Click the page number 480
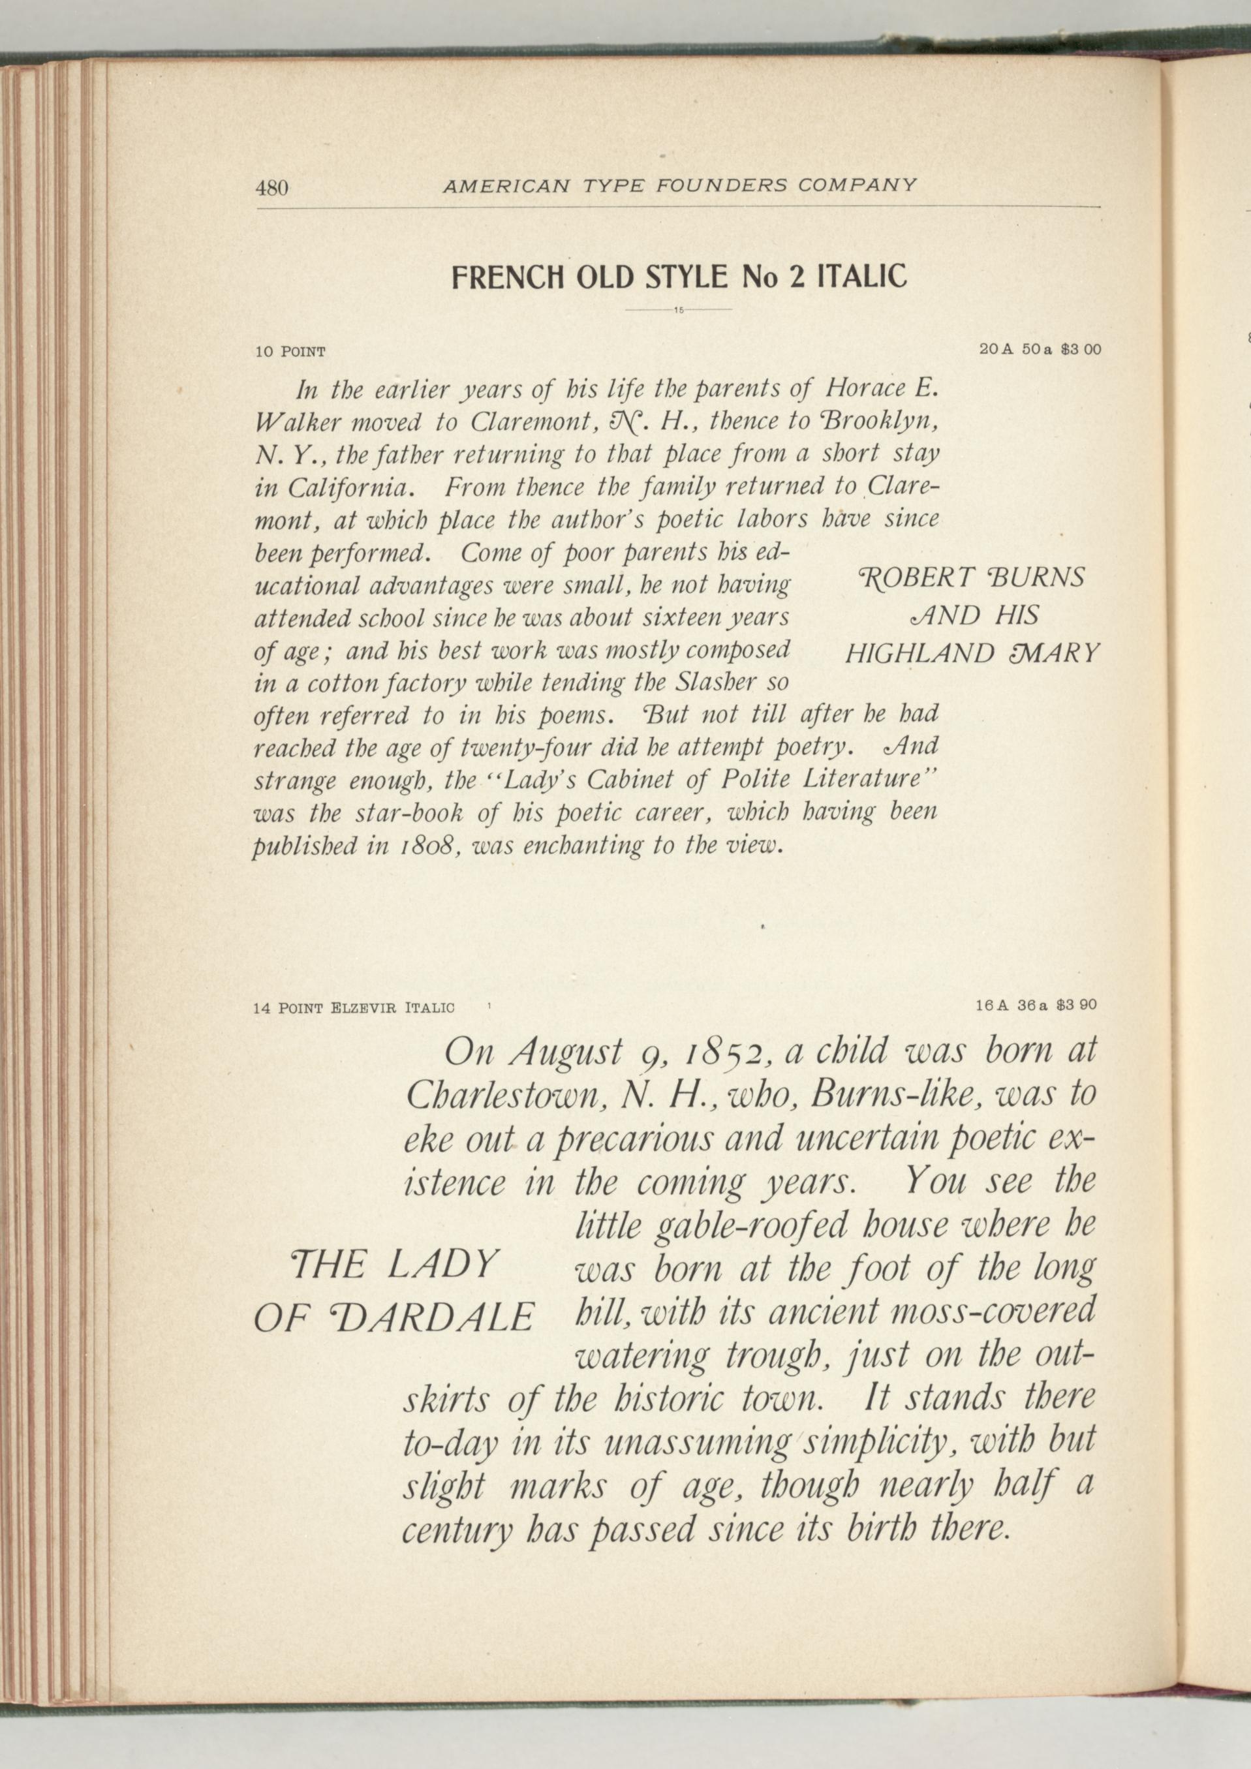272,187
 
